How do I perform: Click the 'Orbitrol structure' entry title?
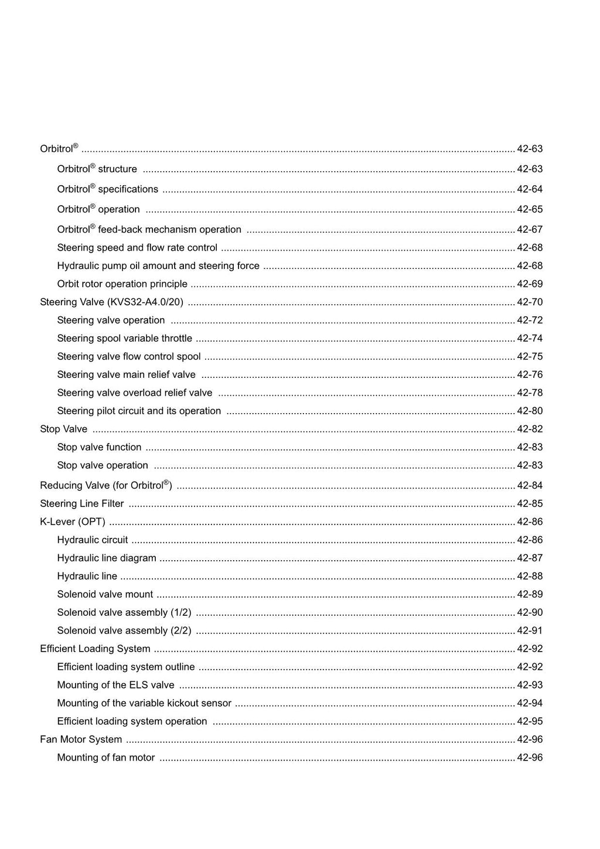97,169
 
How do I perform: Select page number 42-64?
530,189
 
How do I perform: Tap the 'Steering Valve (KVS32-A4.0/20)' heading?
111,302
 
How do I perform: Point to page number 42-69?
530,284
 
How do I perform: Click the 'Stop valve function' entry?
99,448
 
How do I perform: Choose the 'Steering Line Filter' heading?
82,504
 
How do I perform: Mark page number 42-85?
530,504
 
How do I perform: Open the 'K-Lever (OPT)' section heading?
73,522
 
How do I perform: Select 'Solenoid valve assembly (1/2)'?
124,613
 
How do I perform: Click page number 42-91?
530,631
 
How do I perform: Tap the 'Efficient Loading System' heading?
95,649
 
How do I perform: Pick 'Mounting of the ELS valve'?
115,686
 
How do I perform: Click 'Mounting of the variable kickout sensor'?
144,704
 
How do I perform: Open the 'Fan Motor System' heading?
81,740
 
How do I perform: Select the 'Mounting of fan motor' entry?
106,758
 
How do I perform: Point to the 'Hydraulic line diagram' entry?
107,558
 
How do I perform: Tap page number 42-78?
530,393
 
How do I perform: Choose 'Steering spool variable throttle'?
124,339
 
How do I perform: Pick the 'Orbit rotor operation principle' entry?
122,284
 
